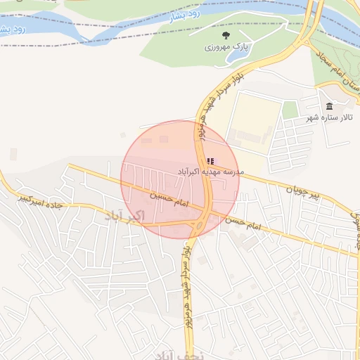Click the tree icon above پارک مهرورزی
[225, 34]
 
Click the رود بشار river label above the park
[185, 18]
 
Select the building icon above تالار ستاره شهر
[329, 106]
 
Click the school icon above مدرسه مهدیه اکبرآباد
[210, 161]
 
